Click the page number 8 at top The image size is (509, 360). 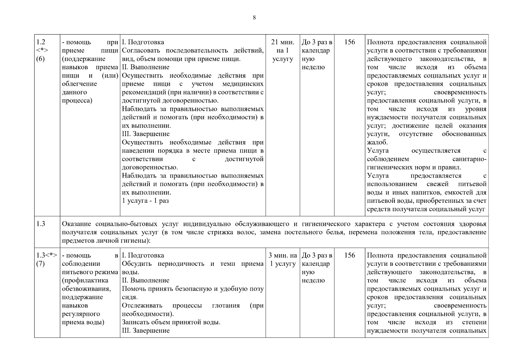254,18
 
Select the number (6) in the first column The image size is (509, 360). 40,59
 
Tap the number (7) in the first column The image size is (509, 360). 40,264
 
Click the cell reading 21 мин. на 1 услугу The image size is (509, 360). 283,50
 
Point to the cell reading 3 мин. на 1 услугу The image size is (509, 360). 283,259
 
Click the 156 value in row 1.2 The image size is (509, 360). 349,42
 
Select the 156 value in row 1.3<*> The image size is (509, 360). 349,255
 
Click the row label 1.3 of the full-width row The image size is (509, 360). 41,224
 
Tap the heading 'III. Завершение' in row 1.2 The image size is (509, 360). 146,134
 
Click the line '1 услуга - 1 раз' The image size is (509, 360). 145,201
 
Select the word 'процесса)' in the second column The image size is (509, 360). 77,100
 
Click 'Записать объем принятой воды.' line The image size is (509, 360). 171,322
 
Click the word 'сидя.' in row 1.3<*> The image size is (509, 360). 130,297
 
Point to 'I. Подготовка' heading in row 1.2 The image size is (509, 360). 143,42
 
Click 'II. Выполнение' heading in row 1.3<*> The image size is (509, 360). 145,280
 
